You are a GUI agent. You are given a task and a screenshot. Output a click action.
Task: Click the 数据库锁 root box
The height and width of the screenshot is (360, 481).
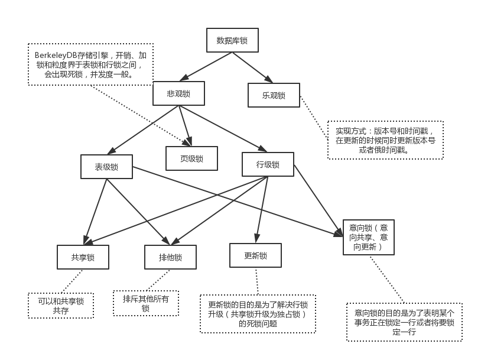click(232, 41)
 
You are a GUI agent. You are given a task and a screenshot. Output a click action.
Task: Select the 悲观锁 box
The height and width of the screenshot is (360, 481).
click(178, 93)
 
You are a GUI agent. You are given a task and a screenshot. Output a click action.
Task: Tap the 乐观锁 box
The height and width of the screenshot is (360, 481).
click(274, 95)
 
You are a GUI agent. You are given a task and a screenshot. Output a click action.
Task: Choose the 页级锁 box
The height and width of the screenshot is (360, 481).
click(191, 158)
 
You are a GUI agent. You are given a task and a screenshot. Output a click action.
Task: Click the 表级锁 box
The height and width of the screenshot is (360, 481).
click(106, 167)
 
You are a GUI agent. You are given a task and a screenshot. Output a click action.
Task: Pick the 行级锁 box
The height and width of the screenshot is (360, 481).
click(268, 164)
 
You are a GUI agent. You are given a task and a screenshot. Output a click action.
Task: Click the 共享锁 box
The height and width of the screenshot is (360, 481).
click(83, 257)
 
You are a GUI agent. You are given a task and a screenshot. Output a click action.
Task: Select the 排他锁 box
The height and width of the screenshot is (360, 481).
click(170, 257)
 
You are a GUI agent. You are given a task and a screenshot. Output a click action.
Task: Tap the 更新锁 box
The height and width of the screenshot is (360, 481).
click(255, 255)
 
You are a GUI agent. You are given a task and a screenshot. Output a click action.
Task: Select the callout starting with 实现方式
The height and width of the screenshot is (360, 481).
click(385, 140)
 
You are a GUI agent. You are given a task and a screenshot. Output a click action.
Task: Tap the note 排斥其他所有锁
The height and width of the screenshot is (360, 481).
click(146, 303)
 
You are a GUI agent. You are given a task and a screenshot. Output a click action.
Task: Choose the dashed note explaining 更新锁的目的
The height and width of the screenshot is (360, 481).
click(258, 314)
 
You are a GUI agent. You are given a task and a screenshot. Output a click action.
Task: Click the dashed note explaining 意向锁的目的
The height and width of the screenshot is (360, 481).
click(404, 322)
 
